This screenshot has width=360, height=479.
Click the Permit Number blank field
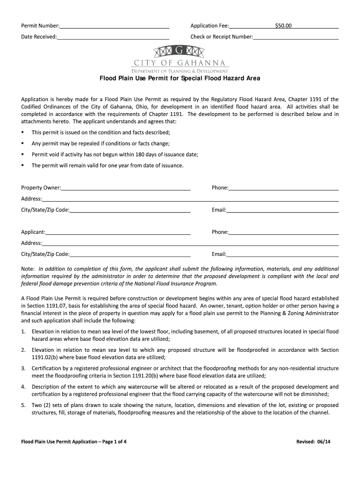(x=114, y=26)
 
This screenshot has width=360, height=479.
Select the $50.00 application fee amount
(x=283, y=26)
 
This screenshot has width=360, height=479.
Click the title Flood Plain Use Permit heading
(x=180, y=78)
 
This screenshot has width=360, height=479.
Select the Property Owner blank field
(x=126, y=188)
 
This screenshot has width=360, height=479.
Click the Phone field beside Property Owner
(x=283, y=188)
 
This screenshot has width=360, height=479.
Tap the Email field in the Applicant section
(x=282, y=254)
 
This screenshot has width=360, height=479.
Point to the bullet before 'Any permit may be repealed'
(x=23, y=143)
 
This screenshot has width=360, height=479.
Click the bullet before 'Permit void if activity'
(x=23, y=154)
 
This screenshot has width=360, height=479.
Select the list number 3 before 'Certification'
(x=23, y=369)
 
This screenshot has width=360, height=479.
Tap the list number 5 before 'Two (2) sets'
(x=23, y=405)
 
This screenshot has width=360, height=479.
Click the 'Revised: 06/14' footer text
(x=317, y=442)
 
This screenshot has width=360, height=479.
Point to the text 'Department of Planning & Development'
(x=180, y=71)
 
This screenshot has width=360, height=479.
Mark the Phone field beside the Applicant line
(x=283, y=232)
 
